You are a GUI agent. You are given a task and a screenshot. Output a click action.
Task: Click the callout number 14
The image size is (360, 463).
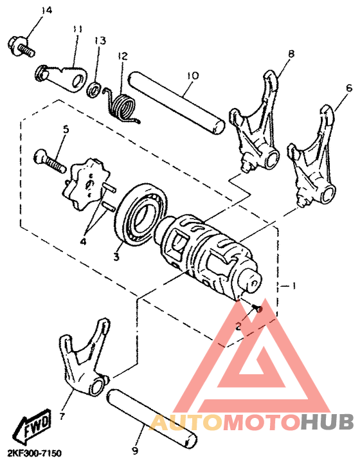pyautogui.click(x=45, y=11)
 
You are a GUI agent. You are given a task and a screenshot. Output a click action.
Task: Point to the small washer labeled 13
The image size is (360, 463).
pyautogui.click(x=94, y=89)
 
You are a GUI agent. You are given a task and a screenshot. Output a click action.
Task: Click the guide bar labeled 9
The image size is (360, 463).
pyautogui.click(x=151, y=418)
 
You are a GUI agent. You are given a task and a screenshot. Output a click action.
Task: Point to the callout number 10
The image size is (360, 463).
pyautogui.click(x=190, y=75)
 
